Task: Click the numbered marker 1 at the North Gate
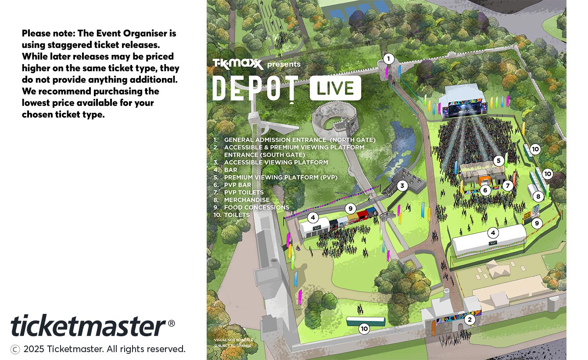(388, 58)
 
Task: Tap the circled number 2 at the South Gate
(470, 320)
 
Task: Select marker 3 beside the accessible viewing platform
(402, 186)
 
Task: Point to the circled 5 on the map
(498, 161)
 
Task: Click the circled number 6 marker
(485, 190)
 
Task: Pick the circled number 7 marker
(508, 186)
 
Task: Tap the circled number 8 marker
(538, 197)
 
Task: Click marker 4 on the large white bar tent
(493, 233)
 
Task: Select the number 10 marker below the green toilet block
(364, 328)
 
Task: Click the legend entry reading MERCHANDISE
(247, 200)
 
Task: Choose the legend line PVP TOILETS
(244, 192)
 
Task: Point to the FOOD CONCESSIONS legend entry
(256, 207)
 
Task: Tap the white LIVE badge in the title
(335, 88)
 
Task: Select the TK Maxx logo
(238, 64)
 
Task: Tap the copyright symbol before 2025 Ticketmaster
(15, 349)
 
